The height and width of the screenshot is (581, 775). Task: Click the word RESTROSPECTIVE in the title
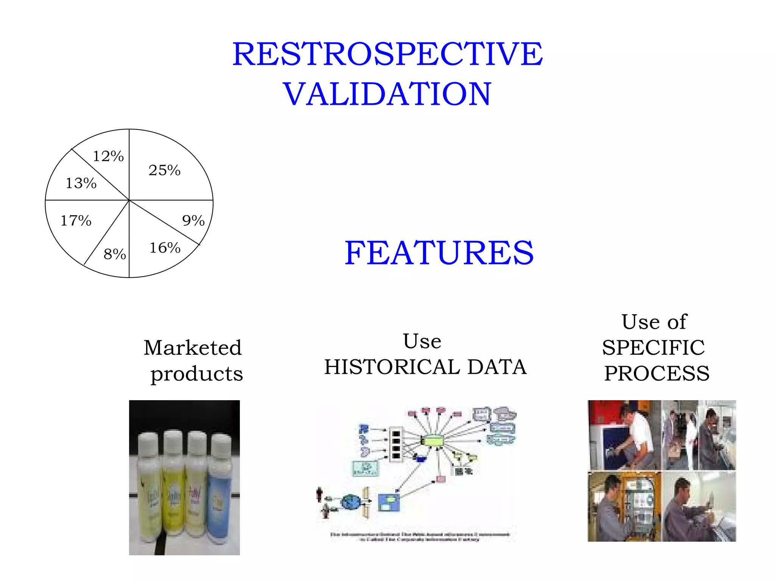(387, 54)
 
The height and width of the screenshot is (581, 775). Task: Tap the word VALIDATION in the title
(387, 94)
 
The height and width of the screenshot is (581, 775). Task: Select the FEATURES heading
(439, 253)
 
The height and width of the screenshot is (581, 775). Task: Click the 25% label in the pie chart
(164, 170)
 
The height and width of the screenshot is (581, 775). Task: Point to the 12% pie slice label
(108, 156)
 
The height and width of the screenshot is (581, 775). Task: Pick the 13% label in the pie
(81, 183)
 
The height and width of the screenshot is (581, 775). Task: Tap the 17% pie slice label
(76, 221)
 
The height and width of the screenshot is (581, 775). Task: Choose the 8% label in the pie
(115, 254)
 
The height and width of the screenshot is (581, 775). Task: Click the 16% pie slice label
(165, 248)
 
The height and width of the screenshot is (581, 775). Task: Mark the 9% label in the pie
(193, 221)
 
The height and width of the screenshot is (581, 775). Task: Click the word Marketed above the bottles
(193, 348)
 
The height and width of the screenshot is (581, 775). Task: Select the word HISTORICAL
(392, 367)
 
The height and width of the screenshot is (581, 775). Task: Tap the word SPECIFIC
(654, 348)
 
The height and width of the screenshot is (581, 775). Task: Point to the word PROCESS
(657, 373)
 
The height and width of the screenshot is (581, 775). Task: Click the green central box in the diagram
(433, 441)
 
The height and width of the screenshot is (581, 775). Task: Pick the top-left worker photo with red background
(624, 435)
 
